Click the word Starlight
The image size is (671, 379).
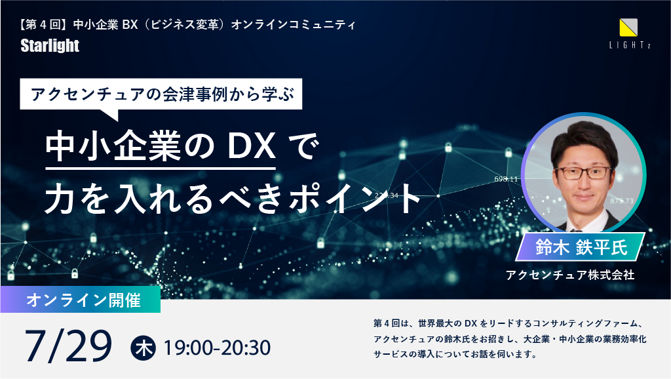(x=50, y=46)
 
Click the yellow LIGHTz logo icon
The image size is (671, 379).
(x=628, y=28)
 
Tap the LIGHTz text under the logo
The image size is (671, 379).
(x=630, y=45)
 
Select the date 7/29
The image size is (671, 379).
(x=68, y=346)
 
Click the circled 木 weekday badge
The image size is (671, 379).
(x=143, y=348)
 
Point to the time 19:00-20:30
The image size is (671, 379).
(x=217, y=348)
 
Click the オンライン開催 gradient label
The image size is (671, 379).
(x=81, y=300)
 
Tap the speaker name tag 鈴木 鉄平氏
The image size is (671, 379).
(x=581, y=247)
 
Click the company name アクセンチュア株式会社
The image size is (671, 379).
(x=570, y=275)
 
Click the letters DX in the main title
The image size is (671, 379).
(x=251, y=146)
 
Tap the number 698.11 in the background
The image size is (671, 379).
(x=506, y=179)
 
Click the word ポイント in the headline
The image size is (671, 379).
(x=355, y=198)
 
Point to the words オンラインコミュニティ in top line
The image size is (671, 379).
(x=294, y=25)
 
